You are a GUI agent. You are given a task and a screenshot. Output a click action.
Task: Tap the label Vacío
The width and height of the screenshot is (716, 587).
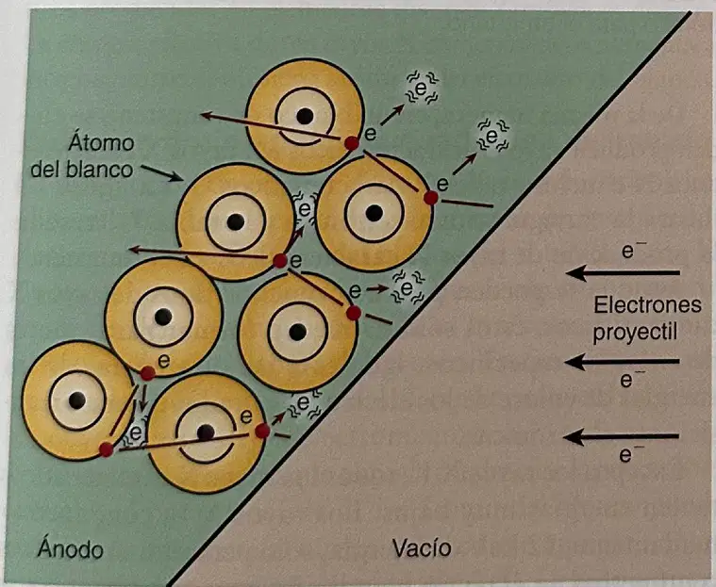click(422, 547)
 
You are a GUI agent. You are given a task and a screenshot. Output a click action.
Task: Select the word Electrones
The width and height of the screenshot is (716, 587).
click(647, 304)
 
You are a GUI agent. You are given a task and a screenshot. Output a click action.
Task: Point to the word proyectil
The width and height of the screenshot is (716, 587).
click(635, 333)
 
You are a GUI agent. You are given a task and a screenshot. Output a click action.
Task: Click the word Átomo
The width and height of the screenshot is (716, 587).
click(101, 142)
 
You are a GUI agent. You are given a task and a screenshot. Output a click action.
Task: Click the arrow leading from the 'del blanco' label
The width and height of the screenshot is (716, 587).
click(162, 173)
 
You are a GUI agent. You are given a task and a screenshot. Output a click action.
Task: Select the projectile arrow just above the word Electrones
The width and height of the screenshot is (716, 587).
click(623, 273)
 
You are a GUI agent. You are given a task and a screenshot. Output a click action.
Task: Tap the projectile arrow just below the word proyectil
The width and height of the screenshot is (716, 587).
click(622, 363)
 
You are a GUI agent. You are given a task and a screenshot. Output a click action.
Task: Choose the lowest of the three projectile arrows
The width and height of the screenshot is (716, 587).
click(621, 437)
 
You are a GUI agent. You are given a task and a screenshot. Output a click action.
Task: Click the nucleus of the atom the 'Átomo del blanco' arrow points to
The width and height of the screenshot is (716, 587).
click(236, 222)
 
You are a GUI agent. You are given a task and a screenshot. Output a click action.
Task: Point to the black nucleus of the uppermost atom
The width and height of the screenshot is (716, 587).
click(305, 116)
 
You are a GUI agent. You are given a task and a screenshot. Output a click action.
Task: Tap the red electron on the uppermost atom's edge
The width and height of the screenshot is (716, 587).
click(352, 143)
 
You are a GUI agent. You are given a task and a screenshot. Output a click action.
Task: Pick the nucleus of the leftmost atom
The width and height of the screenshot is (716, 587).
click(77, 400)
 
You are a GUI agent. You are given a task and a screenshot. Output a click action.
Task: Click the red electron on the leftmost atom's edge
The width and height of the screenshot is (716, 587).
click(106, 449)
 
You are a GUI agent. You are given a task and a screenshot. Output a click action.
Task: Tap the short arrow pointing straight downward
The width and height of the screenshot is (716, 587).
click(143, 399)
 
